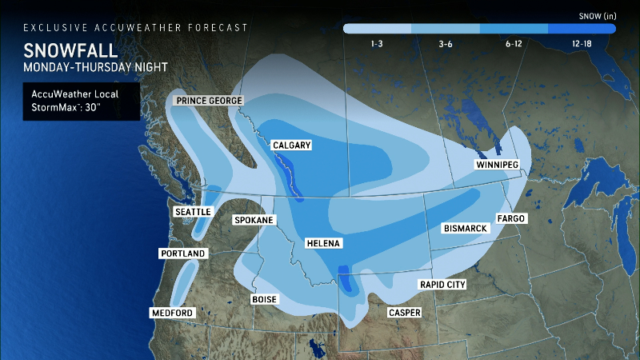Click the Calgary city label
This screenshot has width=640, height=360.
291,146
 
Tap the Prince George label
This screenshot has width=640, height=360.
209,101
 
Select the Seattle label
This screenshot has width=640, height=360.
193,211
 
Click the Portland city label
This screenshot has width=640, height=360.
182,254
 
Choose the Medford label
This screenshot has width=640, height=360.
173,313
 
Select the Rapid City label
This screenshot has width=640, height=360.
443,285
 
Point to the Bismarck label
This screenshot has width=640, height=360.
465,229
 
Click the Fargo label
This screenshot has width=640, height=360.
510,218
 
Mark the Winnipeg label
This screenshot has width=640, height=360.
497,165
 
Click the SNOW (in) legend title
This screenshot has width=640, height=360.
596,14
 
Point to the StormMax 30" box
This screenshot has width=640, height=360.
81,102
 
